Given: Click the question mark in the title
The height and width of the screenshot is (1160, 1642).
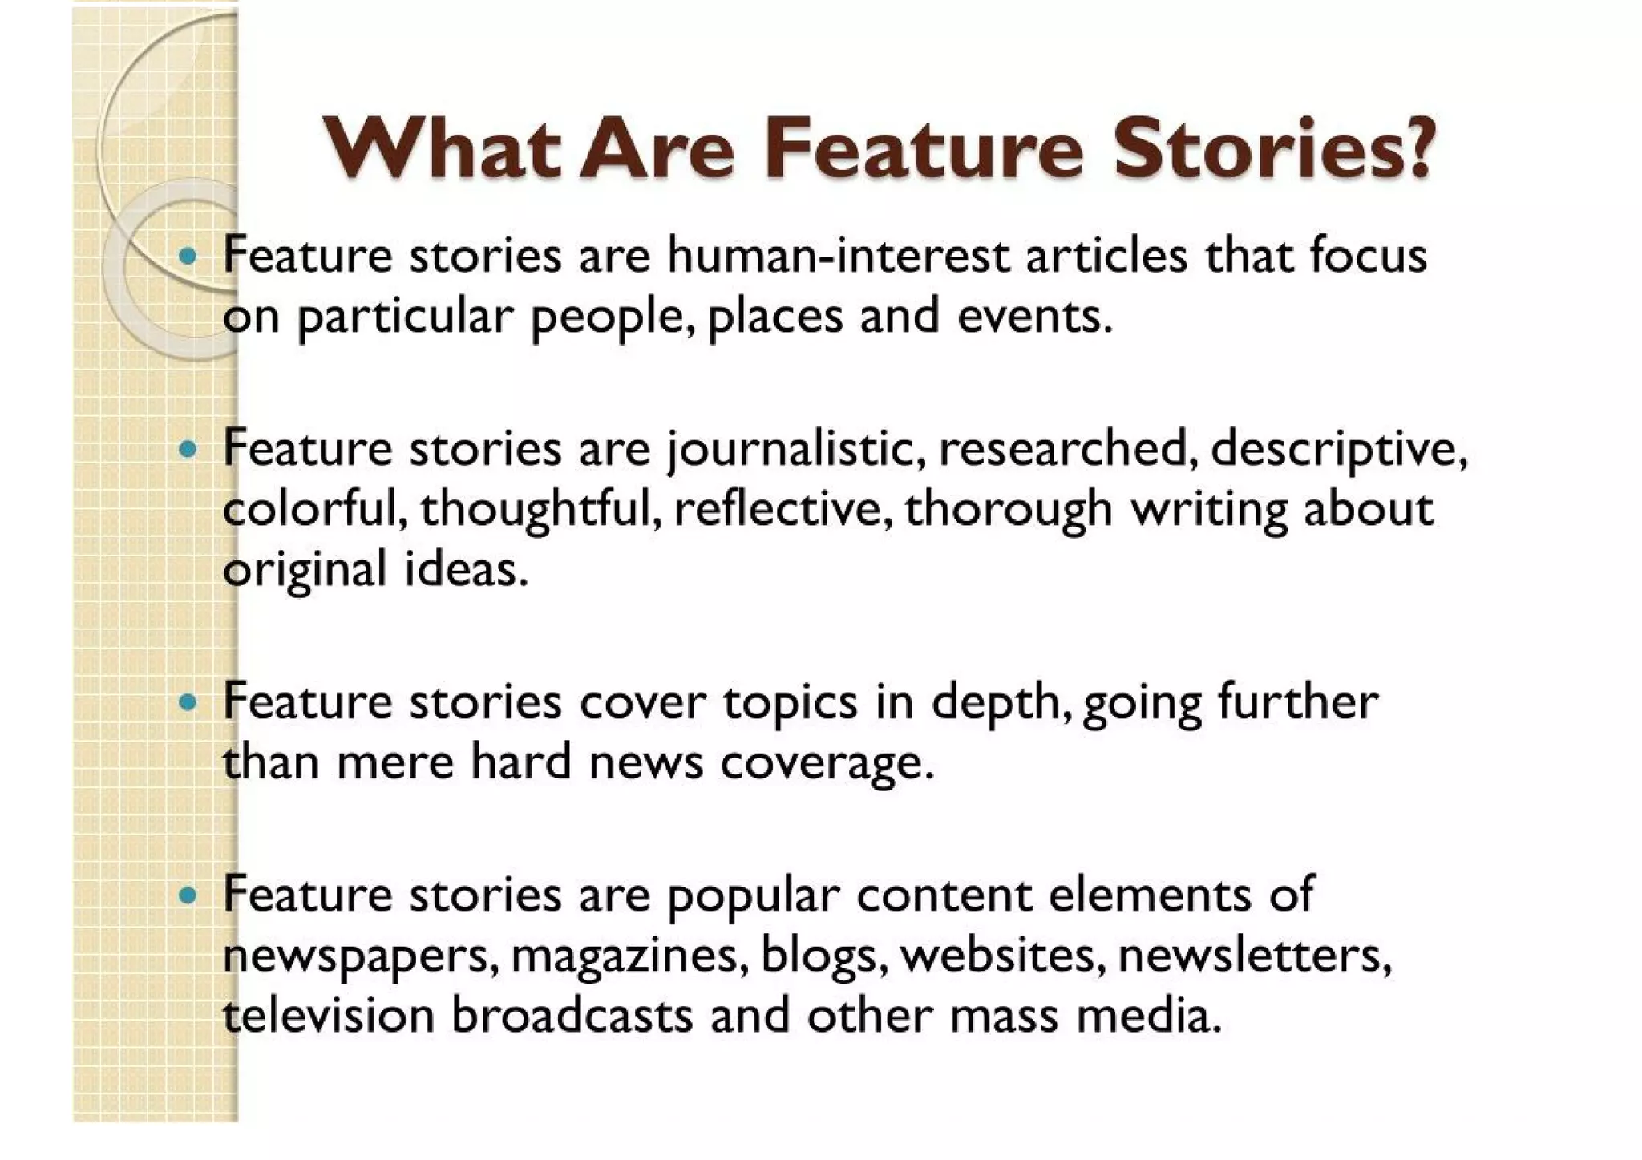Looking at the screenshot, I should click(x=1419, y=149).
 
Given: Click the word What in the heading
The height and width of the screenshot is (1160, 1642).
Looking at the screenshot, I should click(x=442, y=149).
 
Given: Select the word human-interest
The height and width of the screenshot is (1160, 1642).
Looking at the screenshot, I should click(x=838, y=256).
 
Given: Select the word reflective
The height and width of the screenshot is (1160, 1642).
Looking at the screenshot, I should click(x=783, y=508).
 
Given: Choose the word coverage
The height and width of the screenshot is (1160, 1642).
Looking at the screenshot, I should click(x=827, y=762).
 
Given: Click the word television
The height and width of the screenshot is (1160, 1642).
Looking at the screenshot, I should click(x=327, y=1015).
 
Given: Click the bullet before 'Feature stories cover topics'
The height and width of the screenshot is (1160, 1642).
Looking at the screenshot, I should click(x=188, y=703).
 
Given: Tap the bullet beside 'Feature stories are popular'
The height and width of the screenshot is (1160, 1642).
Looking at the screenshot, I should click(x=188, y=895).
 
